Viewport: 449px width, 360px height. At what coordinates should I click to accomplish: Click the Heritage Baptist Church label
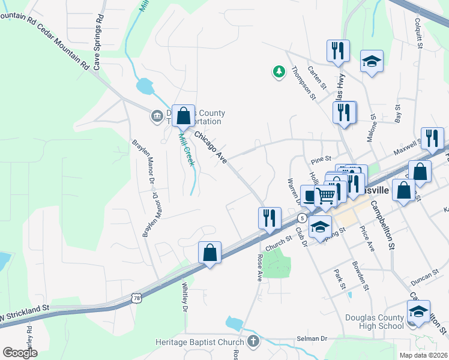click(203, 341)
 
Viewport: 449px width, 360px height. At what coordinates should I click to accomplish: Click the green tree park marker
click(279, 72)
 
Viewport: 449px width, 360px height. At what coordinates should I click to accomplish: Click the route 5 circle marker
click(302, 217)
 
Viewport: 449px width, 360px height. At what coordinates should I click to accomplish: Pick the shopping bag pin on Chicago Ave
click(184, 116)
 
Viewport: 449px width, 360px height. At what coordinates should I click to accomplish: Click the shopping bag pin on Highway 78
click(210, 253)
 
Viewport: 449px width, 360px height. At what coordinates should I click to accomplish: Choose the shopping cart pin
click(325, 196)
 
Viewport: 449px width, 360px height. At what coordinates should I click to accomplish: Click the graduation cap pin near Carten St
click(372, 61)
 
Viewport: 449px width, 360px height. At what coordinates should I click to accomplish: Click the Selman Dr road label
click(311, 339)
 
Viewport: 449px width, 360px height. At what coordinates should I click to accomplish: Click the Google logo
click(20, 353)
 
